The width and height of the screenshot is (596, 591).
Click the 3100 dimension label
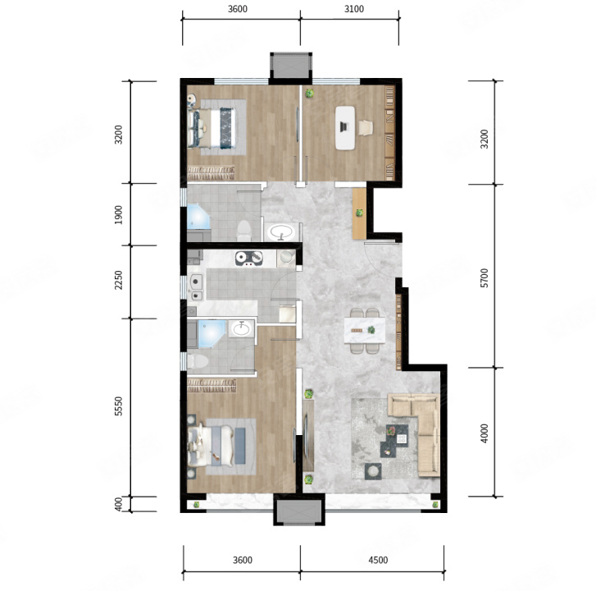point(354,9)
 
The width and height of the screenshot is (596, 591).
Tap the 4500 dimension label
point(378,560)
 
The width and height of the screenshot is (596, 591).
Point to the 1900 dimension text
point(119,214)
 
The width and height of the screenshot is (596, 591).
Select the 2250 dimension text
point(119,280)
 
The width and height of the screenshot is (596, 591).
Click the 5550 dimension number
point(119,406)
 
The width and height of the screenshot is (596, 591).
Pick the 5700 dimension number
point(484,277)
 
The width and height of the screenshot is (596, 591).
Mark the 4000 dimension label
point(484,433)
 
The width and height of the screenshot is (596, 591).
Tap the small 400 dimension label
point(119,504)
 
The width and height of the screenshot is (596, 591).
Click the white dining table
point(365,330)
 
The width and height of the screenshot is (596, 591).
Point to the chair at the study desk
point(366,128)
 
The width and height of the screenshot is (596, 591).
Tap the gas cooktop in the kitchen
point(249,259)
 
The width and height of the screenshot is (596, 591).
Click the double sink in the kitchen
point(197,287)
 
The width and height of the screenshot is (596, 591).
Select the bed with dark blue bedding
point(212,128)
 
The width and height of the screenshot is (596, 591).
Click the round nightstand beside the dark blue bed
point(192,99)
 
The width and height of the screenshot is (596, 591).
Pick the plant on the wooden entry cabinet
point(359,213)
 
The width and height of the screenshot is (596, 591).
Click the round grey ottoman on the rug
point(373,471)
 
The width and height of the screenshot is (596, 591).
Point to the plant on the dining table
point(371,330)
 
